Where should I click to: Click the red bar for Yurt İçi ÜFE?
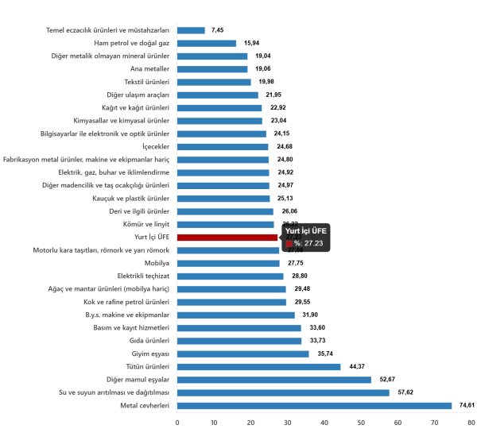pos(227,237)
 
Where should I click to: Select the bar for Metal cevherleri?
pos(314,405)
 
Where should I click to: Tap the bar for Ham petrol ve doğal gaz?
pos(207,44)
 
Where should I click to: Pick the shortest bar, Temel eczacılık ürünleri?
pos(191,30)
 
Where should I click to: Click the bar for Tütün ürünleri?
pos(258,366)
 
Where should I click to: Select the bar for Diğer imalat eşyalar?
pos(273,380)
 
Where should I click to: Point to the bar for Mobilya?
pos(228,263)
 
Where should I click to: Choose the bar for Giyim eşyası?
pos(242,354)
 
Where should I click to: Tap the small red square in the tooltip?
pos(289,244)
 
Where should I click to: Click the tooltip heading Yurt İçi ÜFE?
pos(306,230)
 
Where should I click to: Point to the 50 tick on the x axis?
pos(361,421)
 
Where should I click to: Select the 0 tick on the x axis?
pos(176,421)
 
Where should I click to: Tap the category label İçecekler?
pos(157,146)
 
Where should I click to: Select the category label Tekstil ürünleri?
pos(147,82)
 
